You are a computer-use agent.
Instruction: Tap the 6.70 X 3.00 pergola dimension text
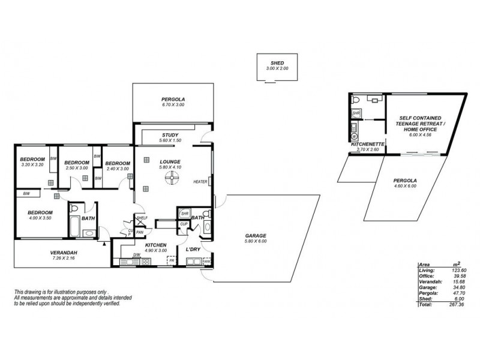click(173, 105)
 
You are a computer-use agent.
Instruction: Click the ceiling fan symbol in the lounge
click(173, 176)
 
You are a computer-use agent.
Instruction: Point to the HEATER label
click(200, 182)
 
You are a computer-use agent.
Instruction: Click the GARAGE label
click(256, 235)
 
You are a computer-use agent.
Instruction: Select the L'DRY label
click(193, 249)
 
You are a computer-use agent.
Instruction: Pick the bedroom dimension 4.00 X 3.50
click(41, 218)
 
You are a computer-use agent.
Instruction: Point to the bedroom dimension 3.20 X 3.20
click(33, 164)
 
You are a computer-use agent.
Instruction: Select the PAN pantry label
click(140, 232)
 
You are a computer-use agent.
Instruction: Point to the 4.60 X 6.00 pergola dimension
click(405, 186)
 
